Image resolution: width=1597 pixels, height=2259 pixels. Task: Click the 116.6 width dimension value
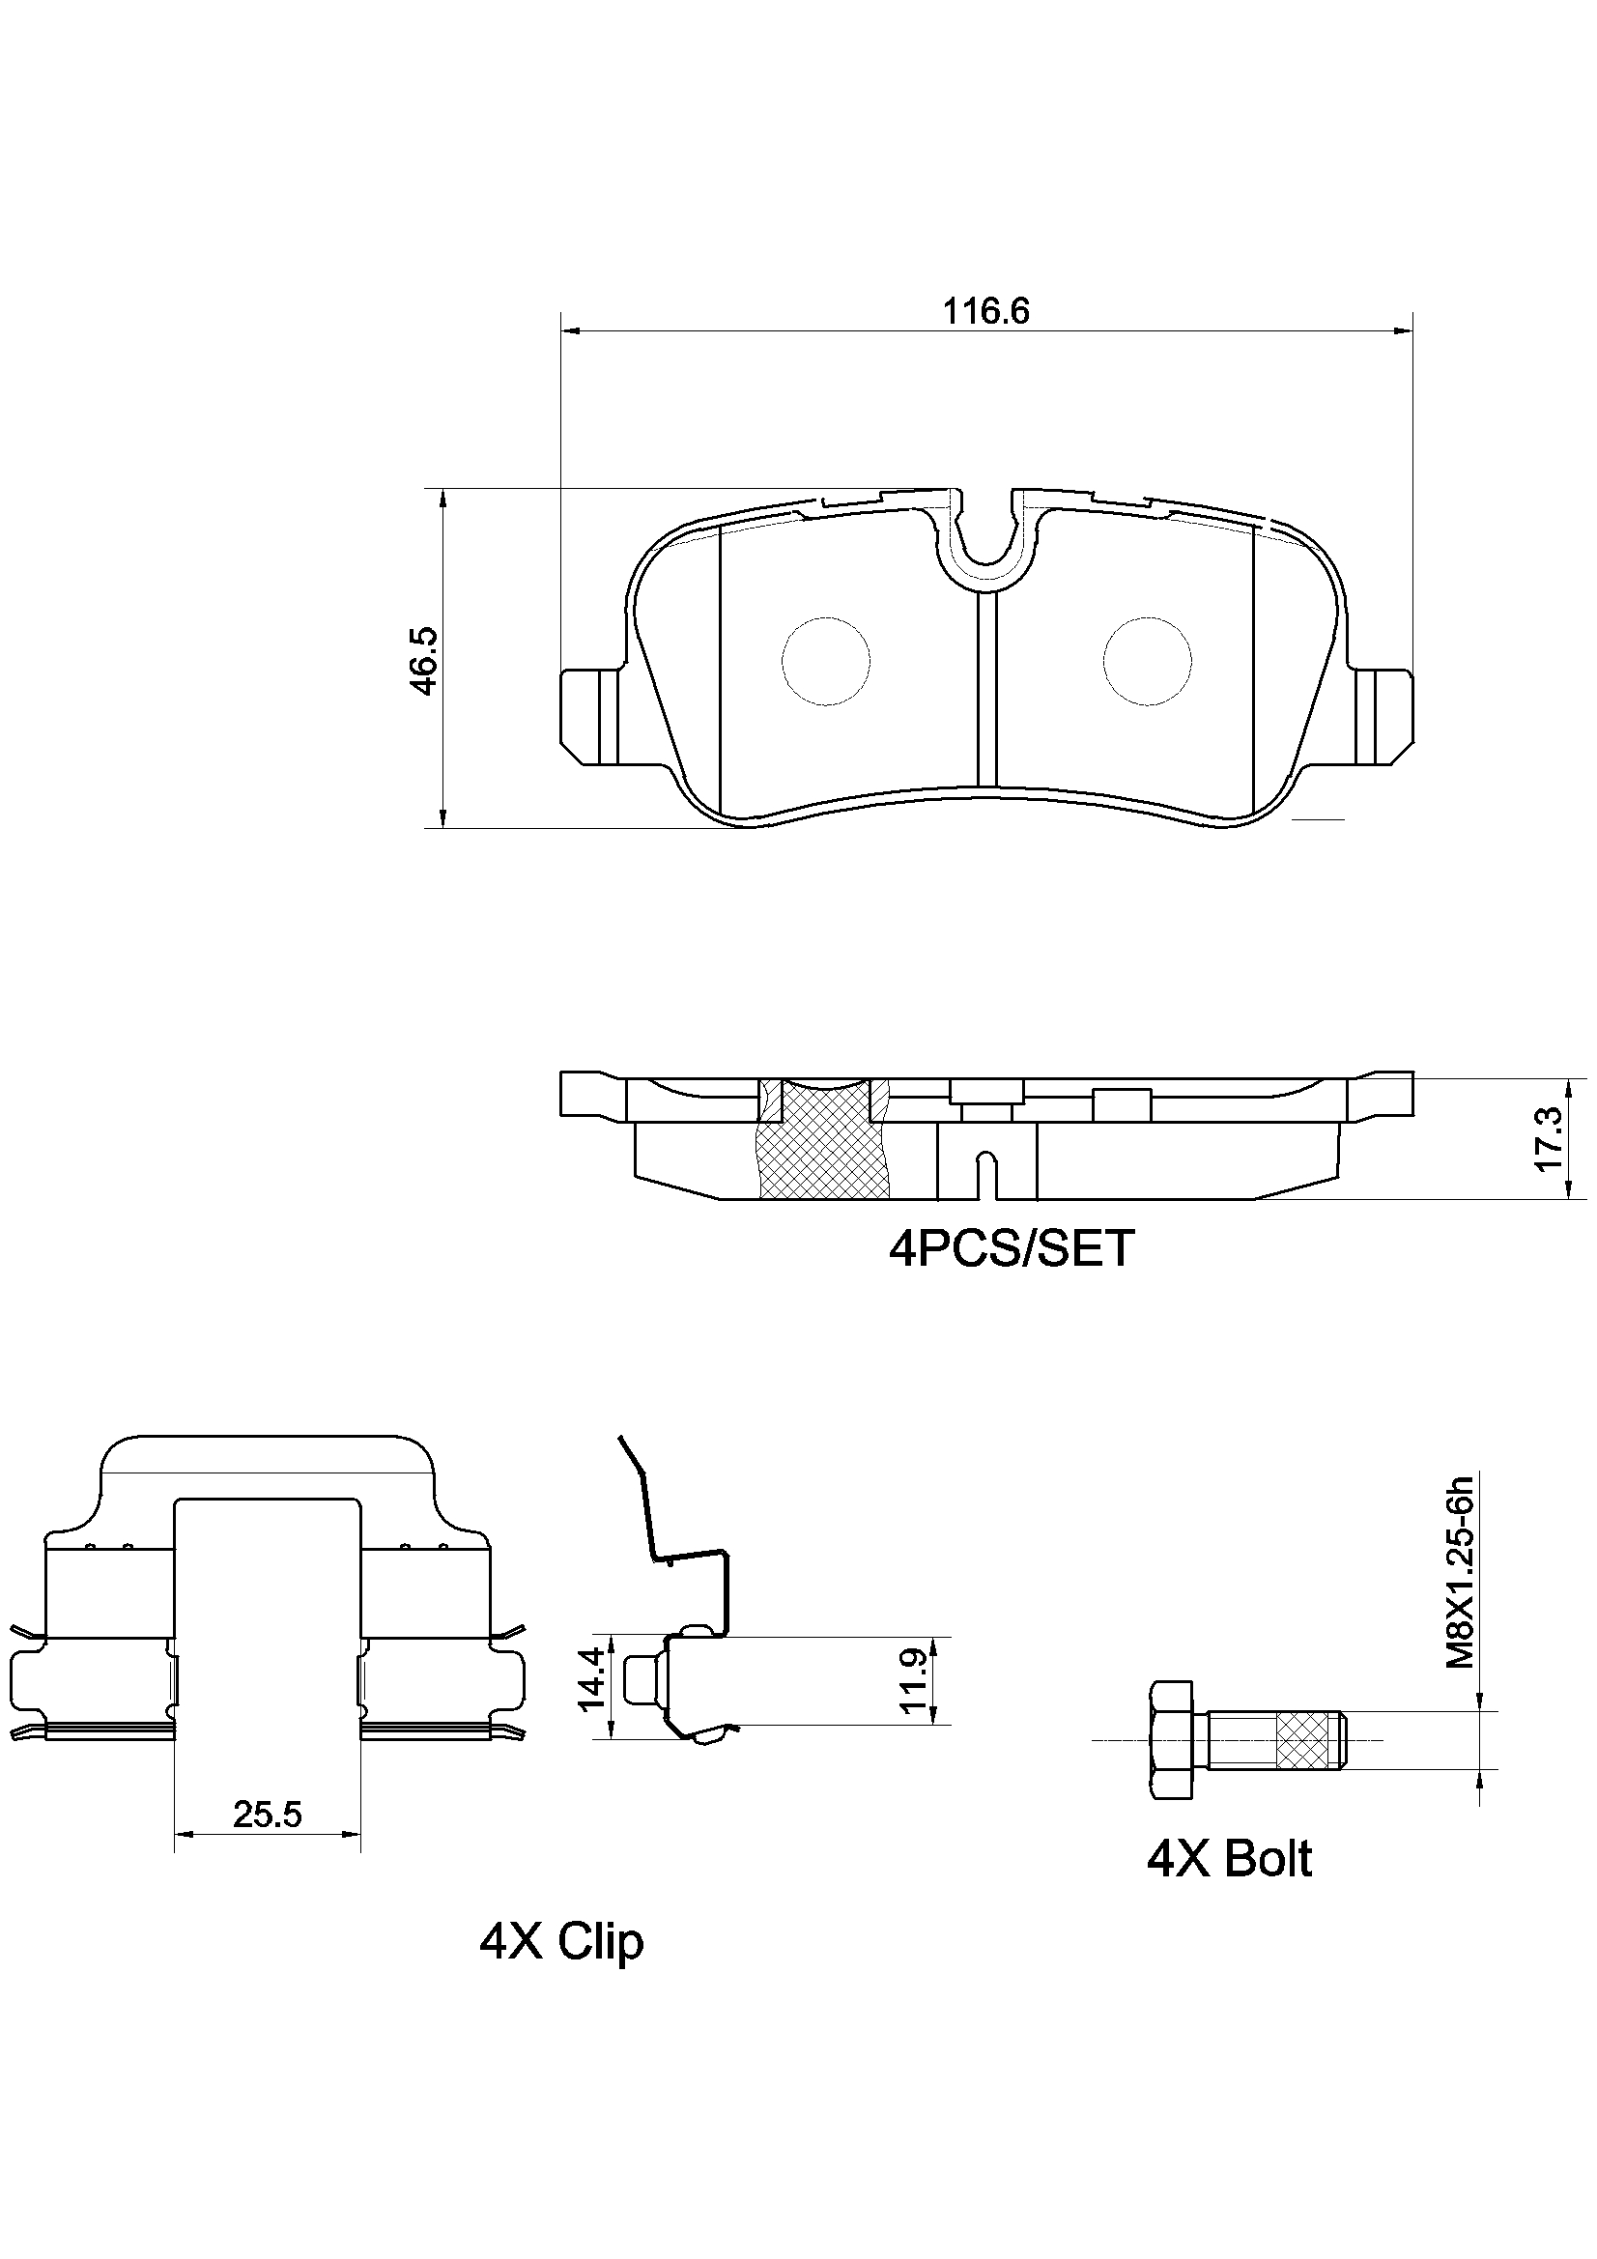tap(986, 312)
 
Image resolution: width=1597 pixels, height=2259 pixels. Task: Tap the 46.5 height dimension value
tap(424, 661)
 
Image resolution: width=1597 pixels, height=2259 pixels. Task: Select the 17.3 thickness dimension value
tap(1548, 1138)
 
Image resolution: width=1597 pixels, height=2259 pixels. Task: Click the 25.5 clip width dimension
tap(268, 1814)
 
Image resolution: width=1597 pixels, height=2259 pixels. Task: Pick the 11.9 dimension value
tap(915, 1681)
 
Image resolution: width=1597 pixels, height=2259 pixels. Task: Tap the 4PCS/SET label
tap(1011, 1247)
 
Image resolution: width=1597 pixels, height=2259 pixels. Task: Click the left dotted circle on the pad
tap(827, 661)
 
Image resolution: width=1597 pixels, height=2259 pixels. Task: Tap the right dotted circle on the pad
tap(1148, 661)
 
